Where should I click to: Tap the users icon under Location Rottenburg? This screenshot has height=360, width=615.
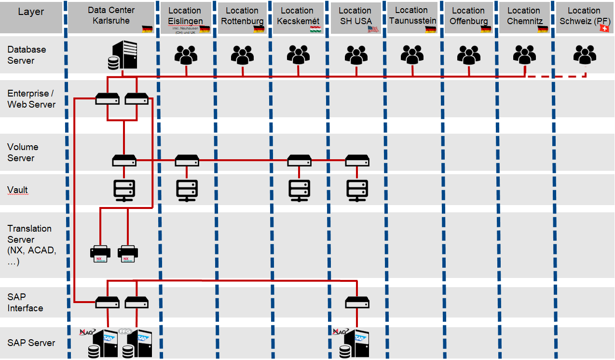(242, 55)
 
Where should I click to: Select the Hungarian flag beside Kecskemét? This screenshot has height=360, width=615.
(315, 29)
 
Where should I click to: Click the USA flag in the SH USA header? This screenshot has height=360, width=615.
(373, 29)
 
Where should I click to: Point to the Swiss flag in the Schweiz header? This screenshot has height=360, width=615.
(603, 29)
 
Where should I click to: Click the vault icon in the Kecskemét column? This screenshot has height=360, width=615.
(299, 190)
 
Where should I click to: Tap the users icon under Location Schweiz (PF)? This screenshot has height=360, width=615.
(585, 55)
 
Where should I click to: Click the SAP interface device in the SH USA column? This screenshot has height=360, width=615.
(357, 303)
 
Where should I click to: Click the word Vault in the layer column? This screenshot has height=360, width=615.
(18, 190)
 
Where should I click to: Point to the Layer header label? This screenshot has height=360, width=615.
(31, 12)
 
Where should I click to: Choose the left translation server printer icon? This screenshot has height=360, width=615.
(100, 253)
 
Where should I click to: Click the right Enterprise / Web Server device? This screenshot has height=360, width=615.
(137, 99)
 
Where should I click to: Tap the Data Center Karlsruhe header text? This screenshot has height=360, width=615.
(111, 15)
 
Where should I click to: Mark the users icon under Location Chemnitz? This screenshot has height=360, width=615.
(524, 55)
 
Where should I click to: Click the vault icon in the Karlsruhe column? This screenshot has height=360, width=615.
(124, 190)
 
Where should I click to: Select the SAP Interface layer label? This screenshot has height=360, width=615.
(25, 303)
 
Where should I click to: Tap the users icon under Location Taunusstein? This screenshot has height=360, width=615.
(412, 55)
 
